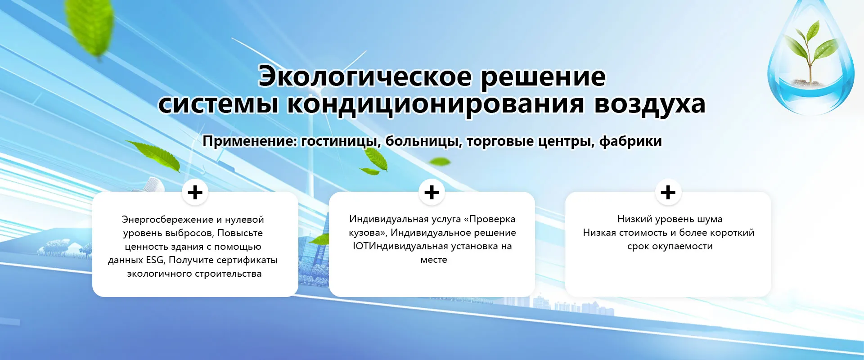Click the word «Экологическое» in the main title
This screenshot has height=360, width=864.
tap(365, 77)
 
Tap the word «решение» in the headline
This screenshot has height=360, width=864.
tap(544, 78)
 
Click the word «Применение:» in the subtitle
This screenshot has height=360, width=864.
tap(250, 141)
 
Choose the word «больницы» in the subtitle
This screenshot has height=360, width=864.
tap(424, 141)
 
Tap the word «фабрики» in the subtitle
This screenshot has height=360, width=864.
tap(630, 141)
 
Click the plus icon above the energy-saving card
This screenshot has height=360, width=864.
tap(195, 193)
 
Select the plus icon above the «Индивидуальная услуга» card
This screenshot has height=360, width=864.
tap(432, 192)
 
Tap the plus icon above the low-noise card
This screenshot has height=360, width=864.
tap(668, 192)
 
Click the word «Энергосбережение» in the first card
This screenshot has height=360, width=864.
tap(167, 220)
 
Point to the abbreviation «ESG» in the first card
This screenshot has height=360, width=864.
tap(155, 260)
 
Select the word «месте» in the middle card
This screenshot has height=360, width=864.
tap(434, 260)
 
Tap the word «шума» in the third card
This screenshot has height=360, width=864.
tap(711, 220)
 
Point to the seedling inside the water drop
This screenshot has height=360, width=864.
tap(810, 49)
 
